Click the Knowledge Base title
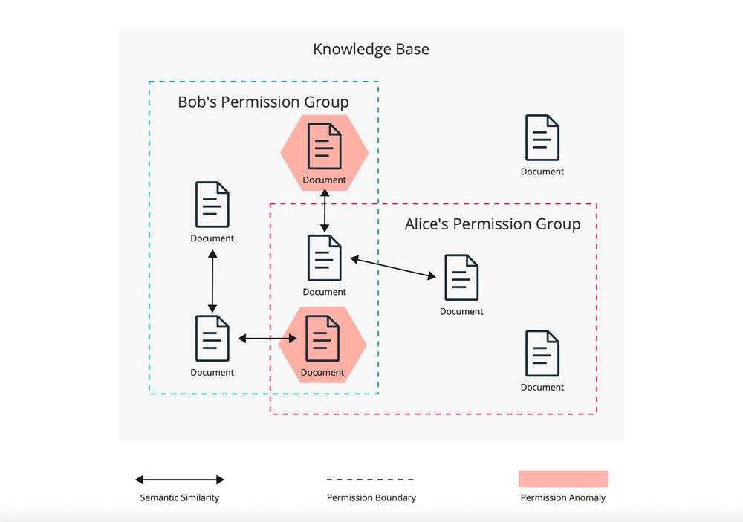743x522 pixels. (371, 50)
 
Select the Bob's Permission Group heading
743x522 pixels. (263, 102)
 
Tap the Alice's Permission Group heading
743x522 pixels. (492, 224)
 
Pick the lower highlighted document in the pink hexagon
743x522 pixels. (322, 338)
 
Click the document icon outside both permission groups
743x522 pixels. (542, 138)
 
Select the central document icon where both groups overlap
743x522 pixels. (325, 258)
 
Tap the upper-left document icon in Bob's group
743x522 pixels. (212, 204)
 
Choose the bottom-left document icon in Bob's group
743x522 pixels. (212, 338)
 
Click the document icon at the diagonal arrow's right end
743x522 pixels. (461, 277)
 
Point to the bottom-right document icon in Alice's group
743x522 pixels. (542, 353)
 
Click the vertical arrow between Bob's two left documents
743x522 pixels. (212, 281)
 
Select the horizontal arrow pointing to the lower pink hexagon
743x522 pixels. (267, 339)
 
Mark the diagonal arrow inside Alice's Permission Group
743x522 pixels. (393, 268)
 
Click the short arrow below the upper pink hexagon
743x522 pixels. (325, 210)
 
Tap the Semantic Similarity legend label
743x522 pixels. (180, 497)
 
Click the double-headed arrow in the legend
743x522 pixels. (180, 480)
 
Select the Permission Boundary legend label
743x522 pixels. (371, 497)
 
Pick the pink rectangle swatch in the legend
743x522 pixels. (562, 479)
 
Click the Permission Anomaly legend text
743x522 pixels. (562, 497)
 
